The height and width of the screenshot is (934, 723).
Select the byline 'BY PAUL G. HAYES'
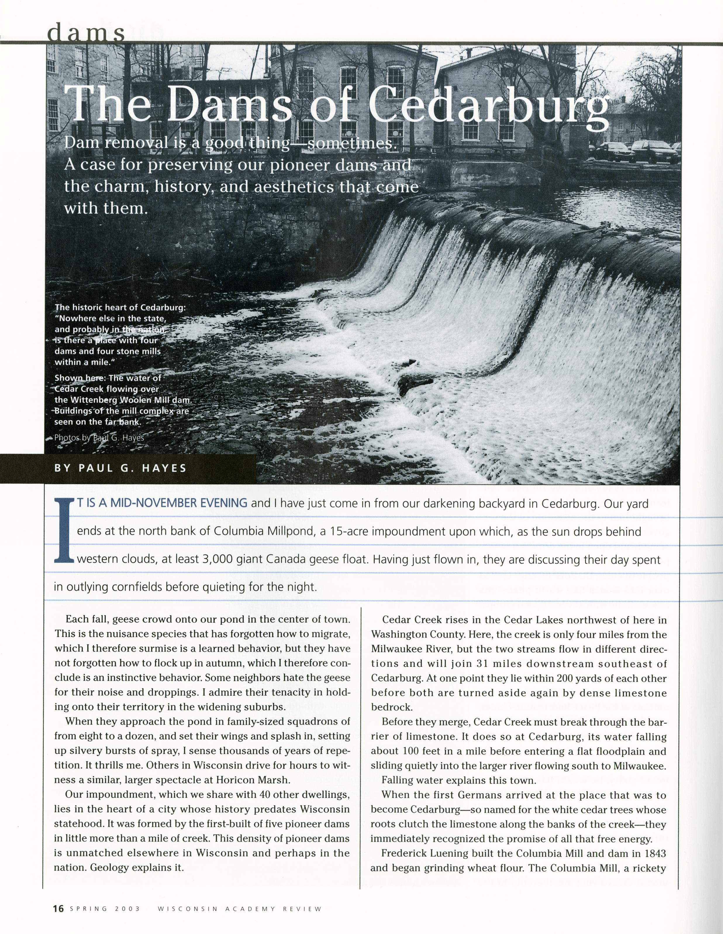click(x=120, y=468)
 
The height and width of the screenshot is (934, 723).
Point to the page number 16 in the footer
click(x=58, y=908)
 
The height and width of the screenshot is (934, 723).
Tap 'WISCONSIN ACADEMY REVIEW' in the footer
click(x=239, y=909)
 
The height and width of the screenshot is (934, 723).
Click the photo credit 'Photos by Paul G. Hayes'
click(x=99, y=438)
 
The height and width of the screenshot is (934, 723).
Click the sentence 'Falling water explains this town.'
click(x=458, y=780)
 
